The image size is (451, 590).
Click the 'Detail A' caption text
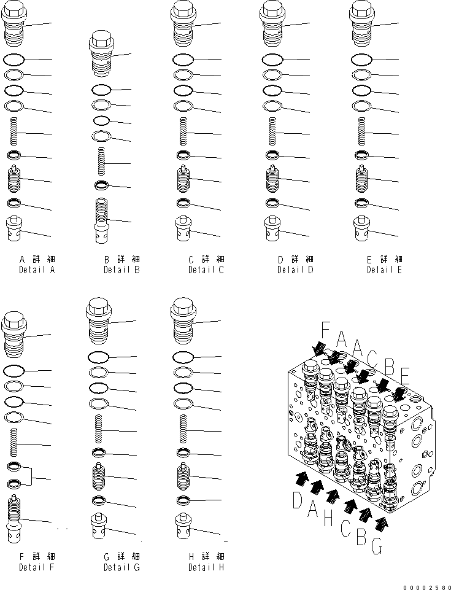36,270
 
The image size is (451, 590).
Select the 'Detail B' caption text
121,270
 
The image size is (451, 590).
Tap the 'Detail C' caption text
206,270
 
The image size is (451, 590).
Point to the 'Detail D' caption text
295,270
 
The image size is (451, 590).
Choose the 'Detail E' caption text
384,270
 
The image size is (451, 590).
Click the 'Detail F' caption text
36,567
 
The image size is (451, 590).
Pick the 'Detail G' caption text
121,567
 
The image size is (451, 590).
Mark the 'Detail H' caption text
206,567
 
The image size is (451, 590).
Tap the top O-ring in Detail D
272,60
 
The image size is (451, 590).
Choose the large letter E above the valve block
405,374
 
